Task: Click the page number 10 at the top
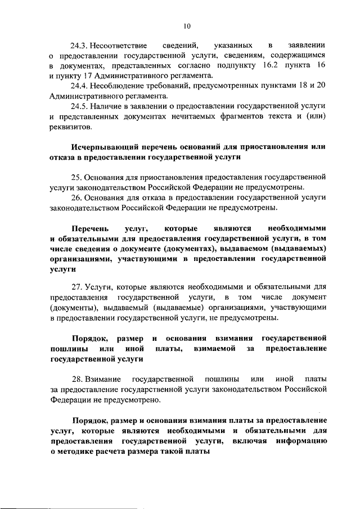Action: [x=187, y=25]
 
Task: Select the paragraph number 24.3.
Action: [x=79, y=44]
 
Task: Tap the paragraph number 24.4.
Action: [x=79, y=85]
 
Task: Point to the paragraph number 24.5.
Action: [x=79, y=106]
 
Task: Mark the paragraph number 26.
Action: [x=76, y=198]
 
